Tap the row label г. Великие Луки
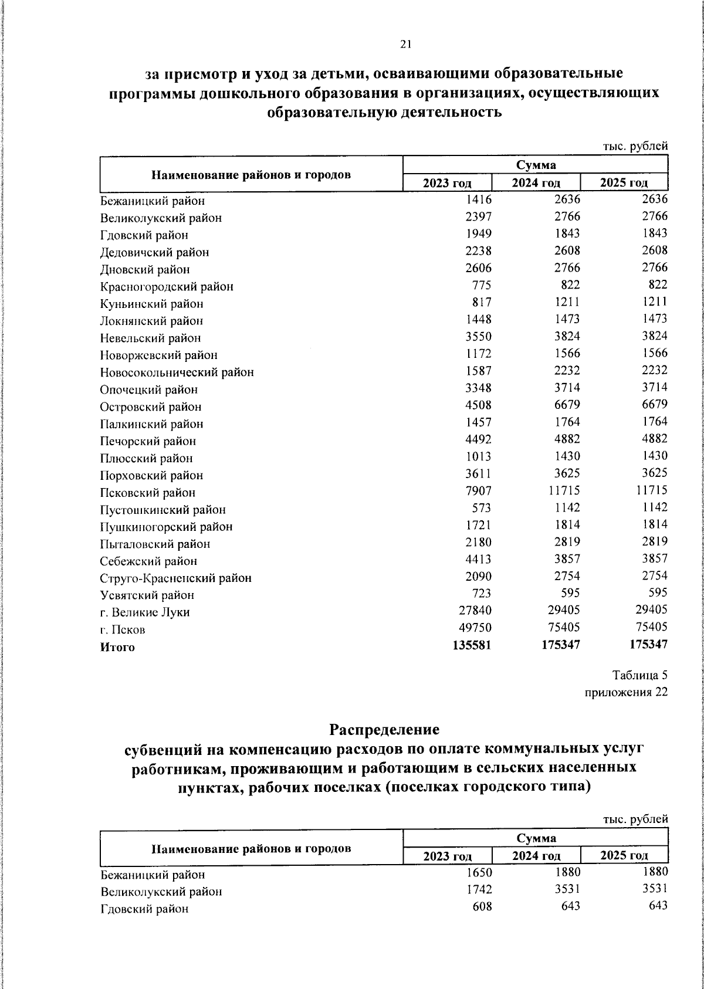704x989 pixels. click(145, 612)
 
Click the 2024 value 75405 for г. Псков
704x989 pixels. click(563, 627)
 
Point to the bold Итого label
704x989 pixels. click(117, 648)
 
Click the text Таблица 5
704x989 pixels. click(640, 675)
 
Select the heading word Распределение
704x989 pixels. click(384, 730)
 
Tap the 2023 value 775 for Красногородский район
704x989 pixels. click(481, 285)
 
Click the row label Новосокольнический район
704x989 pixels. click(177, 372)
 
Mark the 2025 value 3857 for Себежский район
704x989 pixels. click(651, 559)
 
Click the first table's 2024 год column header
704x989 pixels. click(536, 183)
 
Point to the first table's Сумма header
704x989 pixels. click(536, 165)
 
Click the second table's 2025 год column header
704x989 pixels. click(624, 856)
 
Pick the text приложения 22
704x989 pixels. click(627, 692)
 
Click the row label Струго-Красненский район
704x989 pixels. click(175, 578)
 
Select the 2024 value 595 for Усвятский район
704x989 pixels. click(569, 593)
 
